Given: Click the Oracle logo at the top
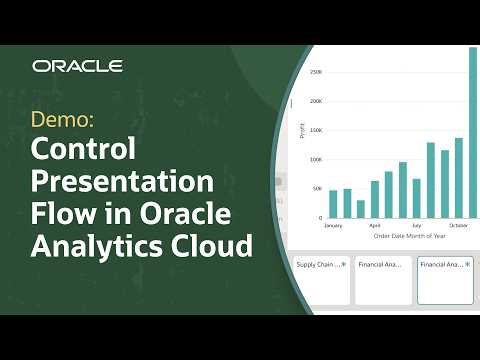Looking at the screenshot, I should tap(77, 66).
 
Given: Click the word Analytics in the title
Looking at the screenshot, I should tap(96, 245).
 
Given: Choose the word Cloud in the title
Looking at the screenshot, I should tap(211, 245).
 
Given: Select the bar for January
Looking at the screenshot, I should tap(334, 203).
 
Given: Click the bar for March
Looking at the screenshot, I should tap(361, 208).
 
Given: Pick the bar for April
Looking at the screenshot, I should tap(375, 198).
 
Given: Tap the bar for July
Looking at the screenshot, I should tap(417, 197).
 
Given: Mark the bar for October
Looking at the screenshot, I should tap(459, 177).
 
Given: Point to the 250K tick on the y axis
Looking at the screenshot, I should tap(315, 72).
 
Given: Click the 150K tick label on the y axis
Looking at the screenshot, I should tap(315, 130).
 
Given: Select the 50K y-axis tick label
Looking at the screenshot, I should tap(316, 188).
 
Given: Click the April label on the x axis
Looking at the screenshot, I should tap(375, 226).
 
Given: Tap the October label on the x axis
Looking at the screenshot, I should tap(459, 226).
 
